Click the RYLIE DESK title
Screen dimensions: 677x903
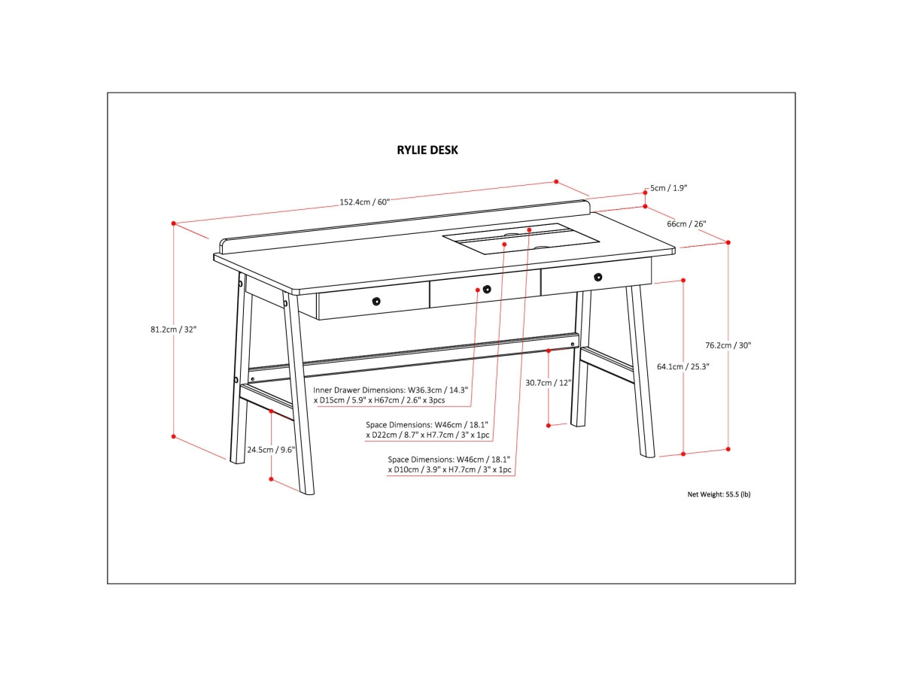tap(427, 150)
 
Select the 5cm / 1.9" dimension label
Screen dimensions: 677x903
tap(669, 187)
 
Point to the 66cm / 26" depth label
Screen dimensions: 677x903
tap(686, 223)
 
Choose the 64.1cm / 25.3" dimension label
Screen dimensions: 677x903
tap(683, 366)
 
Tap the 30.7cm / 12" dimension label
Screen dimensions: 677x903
tap(549, 382)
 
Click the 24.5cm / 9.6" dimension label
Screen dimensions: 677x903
tap(271, 450)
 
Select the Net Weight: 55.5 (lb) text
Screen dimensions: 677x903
tap(719, 494)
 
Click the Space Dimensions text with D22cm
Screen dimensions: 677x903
tap(427, 430)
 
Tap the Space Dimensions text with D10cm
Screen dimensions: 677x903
tap(449, 464)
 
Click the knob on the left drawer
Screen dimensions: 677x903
tap(376, 302)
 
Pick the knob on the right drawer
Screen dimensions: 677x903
tap(597, 277)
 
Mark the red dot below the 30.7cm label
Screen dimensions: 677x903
tap(549, 426)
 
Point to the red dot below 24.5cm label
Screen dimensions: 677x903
tap(271, 477)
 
